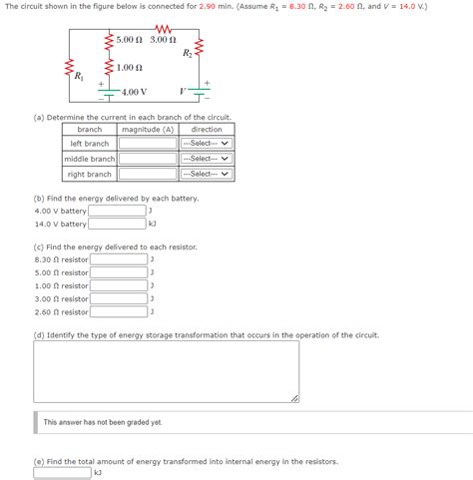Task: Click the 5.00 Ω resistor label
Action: click(x=130, y=39)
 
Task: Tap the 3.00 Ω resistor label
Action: click(x=164, y=39)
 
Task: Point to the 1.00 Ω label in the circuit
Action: click(x=129, y=67)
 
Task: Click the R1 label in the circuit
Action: click(x=79, y=77)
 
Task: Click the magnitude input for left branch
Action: click(x=148, y=144)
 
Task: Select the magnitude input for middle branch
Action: click(x=148, y=159)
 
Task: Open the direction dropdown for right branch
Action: click(x=207, y=174)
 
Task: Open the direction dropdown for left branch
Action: click(x=207, y=144)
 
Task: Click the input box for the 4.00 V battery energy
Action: click(x=117, y=211)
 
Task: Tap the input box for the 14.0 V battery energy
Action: click(x=117, y=224)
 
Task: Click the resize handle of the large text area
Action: click(x=293, y=397)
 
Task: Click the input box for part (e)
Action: click(x=62, y=473)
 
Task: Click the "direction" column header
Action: click(x=207, y=130)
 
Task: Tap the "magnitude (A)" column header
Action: click(x=148, y=130)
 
